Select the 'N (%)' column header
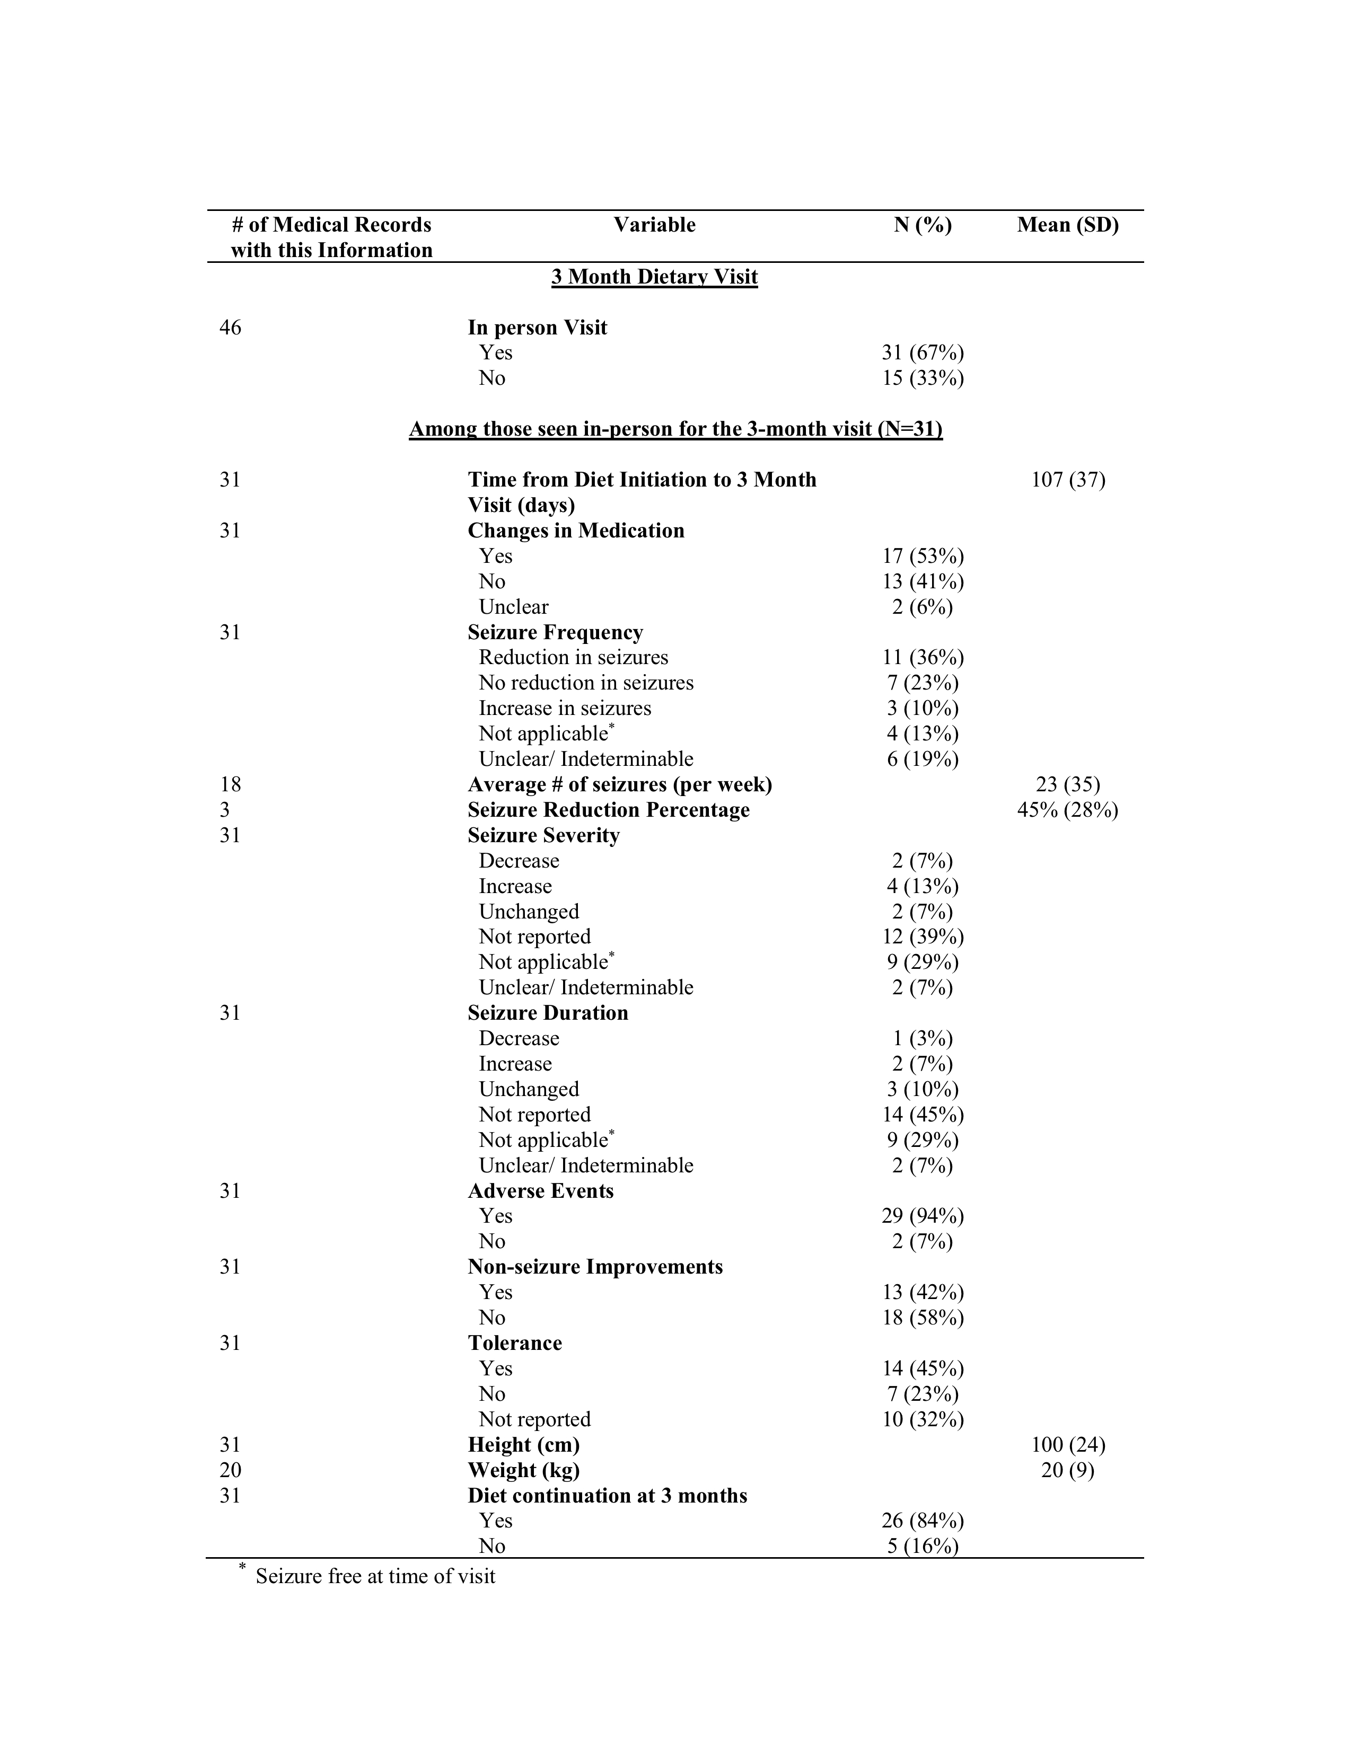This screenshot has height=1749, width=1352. [x=923, y=225]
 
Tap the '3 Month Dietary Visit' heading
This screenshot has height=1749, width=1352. [x=654, y=277]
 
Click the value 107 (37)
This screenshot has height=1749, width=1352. [x=1068, y=480]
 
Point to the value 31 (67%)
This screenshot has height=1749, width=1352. [x=923, y=352]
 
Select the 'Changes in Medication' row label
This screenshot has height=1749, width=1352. [x=576, y=531]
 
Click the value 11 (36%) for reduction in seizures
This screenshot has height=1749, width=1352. [x=923, y=658]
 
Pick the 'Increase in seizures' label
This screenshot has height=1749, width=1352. [x=565, y=709]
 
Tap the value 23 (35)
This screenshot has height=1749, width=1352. [x=1068, y=785]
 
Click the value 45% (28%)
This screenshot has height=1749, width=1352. [x=1068, y=810]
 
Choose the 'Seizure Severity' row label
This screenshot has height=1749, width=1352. [x=544, y=836]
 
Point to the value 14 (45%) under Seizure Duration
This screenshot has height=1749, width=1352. [x=923, y=1115]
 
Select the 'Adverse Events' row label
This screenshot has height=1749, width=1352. [x=541, y=1191]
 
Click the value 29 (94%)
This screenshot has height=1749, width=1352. [x=923, y=1216]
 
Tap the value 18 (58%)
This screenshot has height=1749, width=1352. [x=923, y=1318]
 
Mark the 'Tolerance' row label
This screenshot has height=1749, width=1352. [x=514, y=1343]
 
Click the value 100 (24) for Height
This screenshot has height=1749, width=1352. [x=1068, y=1445]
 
